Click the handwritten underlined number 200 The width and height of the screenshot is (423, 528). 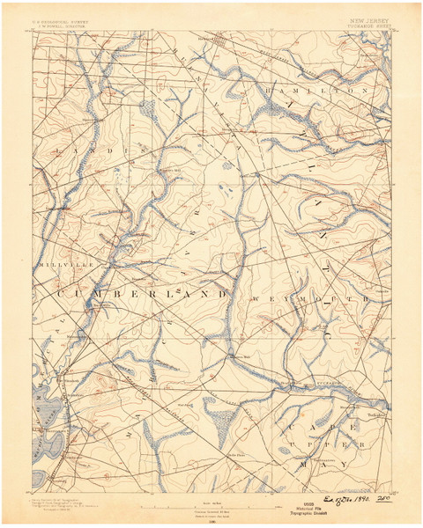coord(382,498)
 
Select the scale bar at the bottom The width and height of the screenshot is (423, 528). coord(211,507)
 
